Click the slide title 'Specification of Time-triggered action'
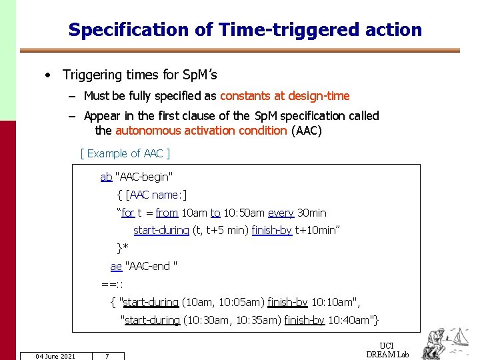tap(245, 30)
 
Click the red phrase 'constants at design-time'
tap(285, 96)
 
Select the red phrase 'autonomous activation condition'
tap(201, 131)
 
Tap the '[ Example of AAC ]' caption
tap(125, 153)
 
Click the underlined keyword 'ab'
tap(106, 177)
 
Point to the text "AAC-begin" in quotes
tap(145, 177)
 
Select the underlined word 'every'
tap(281, 213)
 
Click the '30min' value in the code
tap(312, 213)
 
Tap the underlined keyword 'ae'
tap(116, 266)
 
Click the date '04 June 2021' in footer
tap(55, 356)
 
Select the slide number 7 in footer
tap(107, 356)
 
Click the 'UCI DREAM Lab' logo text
tap(387, 350)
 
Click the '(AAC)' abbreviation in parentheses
tap(307, 131)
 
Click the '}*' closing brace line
tap(123, 248)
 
